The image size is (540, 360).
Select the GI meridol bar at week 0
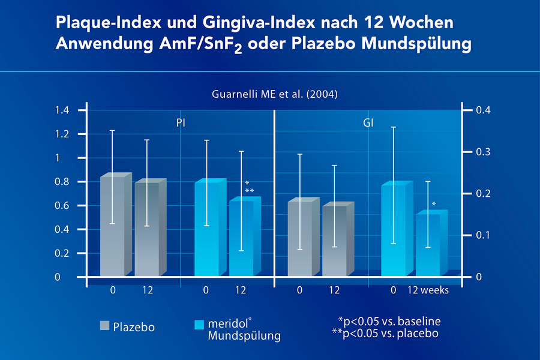(x=393, y=231)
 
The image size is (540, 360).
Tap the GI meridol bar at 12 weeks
(x=428, y=245)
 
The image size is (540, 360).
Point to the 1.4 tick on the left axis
(x=62, y=110)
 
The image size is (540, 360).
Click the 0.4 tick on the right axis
(x=484, y=110)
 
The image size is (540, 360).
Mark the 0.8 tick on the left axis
(x=62, y=182)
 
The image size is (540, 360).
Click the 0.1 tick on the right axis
(x=484, y=235)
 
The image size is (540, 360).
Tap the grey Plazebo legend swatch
(x=104, y=326)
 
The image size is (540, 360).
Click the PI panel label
(x=180, y=122)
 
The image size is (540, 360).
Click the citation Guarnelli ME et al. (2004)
(x=271, y=94)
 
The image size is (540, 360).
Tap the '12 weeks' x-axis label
(x=428, y=290)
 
